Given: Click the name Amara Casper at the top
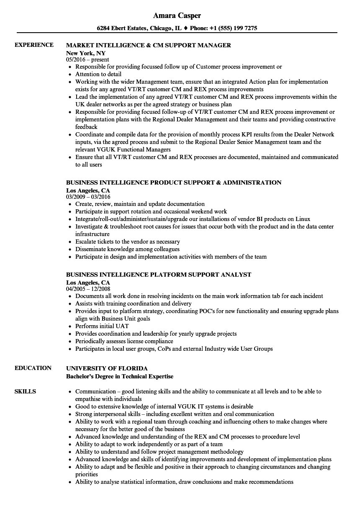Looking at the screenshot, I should point(177,15).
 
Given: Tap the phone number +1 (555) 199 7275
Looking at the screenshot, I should point(237,28).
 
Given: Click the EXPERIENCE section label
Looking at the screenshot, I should point(34,45).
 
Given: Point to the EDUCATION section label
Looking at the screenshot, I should point(33,368).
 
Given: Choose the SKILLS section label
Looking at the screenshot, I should point(25,391).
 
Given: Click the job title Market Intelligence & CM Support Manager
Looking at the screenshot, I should point(149,45).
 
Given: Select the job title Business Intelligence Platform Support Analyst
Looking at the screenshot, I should point(159,275).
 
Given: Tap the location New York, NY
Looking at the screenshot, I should point(86,53).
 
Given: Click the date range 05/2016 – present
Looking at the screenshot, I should point(87,59).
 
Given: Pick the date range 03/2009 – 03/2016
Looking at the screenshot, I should point(88,197).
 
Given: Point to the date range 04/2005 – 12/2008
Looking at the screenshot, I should point(88,289).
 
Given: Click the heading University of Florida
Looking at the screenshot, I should point(107,368).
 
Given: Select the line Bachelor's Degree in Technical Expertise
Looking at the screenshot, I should point(120,376).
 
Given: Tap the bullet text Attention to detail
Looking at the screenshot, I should point(98,74).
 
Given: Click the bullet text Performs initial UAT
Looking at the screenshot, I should point(102,326).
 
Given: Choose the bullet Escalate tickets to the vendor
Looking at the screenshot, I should point(128,242).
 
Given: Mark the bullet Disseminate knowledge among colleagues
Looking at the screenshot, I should point(127,249).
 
